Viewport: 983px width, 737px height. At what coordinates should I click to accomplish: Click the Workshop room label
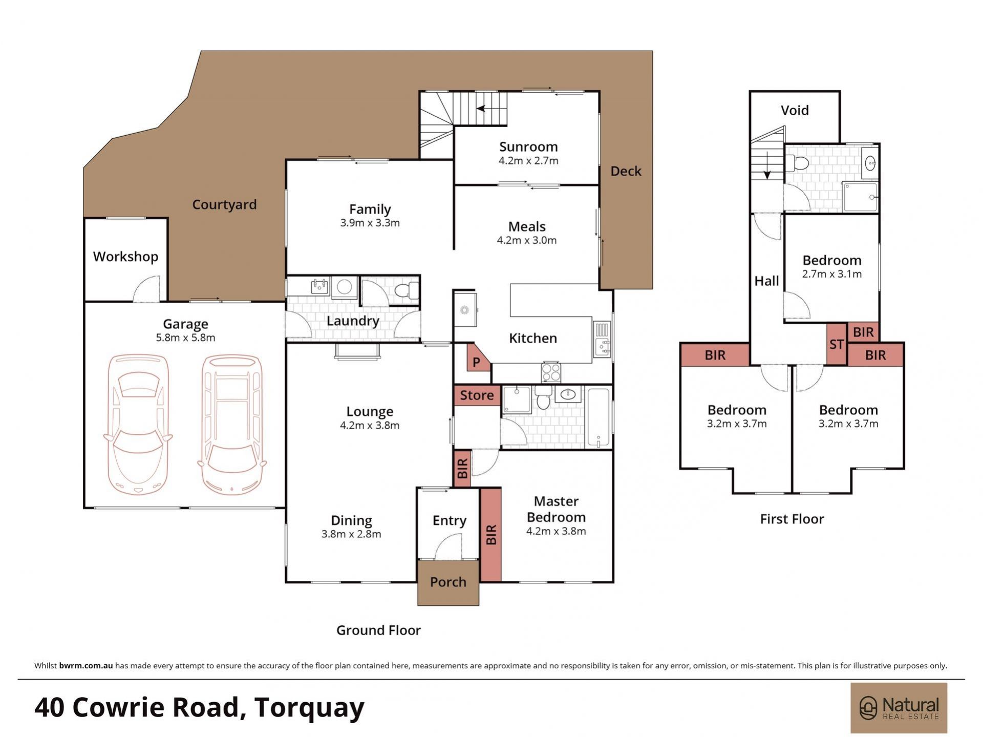[125, 257]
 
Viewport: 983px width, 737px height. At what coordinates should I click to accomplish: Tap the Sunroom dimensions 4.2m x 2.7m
[528, 161]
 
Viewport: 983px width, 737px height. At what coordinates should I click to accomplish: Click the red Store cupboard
[477, 395]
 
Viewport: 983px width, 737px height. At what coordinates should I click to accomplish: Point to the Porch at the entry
[448, 583]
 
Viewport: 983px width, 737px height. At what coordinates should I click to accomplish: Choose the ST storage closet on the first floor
[837, 344]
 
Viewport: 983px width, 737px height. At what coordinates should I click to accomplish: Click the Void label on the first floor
[795, 110]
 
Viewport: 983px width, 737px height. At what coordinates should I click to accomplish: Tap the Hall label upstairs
[766, 281]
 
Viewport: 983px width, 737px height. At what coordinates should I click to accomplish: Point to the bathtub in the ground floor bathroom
[598, 417]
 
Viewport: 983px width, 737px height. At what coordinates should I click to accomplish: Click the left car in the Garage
[138, 424]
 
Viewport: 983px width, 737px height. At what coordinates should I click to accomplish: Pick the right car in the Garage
[231, 424]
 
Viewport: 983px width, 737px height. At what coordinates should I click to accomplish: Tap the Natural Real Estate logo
[899, 708]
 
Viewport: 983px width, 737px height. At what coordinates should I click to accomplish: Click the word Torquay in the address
[309, 708]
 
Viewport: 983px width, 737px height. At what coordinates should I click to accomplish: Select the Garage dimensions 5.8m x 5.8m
[185, 338]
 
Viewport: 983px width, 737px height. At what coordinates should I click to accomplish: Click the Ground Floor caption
[378, 630]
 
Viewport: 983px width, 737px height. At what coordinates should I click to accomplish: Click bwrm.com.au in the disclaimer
[86, 666]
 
